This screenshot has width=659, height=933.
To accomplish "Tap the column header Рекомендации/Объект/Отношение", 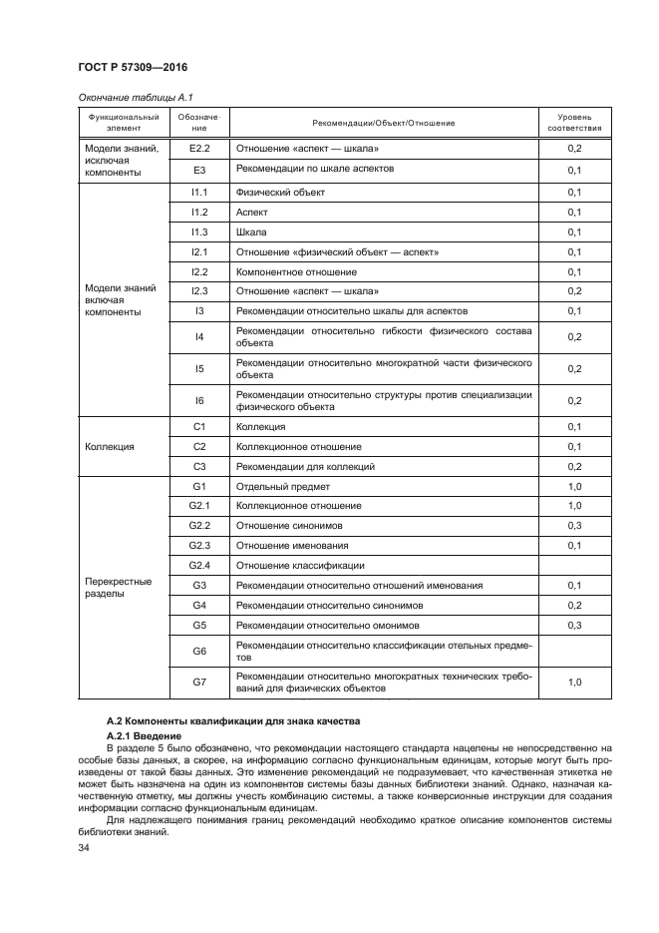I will [x=383, y=123].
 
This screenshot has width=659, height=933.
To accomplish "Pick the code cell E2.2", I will [x=198, y=149].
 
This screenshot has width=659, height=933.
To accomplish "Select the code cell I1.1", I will [x=198, y=192].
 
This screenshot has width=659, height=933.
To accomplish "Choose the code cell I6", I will [x=198, y=400].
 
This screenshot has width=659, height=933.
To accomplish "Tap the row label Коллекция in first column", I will [x=110, y=447].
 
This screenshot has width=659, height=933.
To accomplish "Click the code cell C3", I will [x=198, y=466].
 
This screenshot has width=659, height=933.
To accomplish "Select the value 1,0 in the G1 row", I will [x=574, y=487].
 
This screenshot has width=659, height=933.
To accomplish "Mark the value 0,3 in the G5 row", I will [x=574, y=625].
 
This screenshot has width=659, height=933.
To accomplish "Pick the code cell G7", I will [x=198, y=683].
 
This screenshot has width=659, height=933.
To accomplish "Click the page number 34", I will [x=84, y=848].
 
